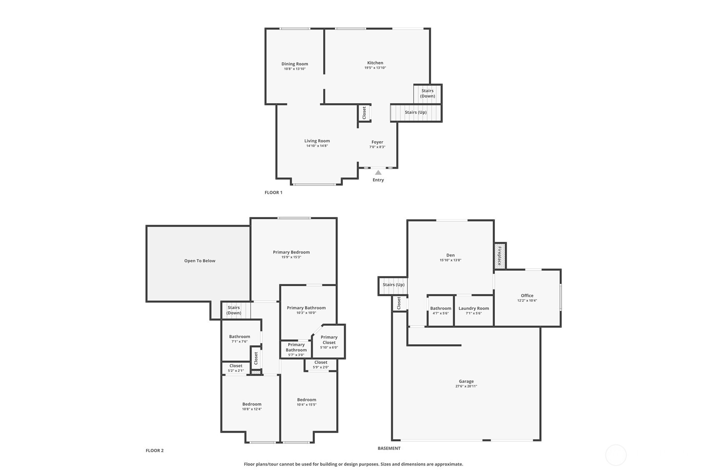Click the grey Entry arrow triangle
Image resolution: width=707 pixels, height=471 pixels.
pyautogui.click(x=378, y=172)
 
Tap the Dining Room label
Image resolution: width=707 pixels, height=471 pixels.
pyautogui.click(x=295, y=64)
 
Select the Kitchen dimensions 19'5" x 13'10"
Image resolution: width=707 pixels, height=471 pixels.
pyautogui.click(x=375, y=68)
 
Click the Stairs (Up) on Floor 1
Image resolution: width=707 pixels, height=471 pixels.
pyautogui.click(x=415, y=112)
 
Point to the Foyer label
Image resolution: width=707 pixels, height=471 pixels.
pyautogui.click(x=377, y=142)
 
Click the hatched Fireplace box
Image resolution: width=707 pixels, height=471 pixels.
pyautogui.click(x=500, y=256)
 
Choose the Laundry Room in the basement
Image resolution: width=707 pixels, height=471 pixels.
pyautogui.click(x=473, y=310)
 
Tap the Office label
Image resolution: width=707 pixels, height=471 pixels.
pyautogui.click(x=527, y=296)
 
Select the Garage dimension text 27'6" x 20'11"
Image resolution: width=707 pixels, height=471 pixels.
pyautogui.click(x=466, y=386)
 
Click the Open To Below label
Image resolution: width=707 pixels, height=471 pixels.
pyautogui.click(x=200, y=261)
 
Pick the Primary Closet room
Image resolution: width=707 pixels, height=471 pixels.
pyautogui.click(x=329, y=342)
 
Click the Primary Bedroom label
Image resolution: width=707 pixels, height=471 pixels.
pyautogui.click(x=291, y=252)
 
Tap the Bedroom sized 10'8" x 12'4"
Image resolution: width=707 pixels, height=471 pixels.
pyautogui.click(x=252, y=406)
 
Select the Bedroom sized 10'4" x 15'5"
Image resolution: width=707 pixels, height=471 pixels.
pyautogui.click(x=307, y=402)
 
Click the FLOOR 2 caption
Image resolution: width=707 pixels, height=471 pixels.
pyautogui.click(x=155, y=451)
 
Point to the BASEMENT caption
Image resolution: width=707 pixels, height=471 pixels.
pyautogui.click(x=389, y=449)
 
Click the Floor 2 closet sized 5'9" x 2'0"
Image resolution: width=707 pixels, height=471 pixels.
pyautogui.click(x=320, y=364)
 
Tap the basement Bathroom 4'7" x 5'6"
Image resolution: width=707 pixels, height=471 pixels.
pyautogui.click(x=440, y=311)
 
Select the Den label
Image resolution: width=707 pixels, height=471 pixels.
pyautogui.click(x=450, y=255)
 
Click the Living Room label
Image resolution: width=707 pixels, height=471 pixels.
pyautogui.click(x=317, y=141)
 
